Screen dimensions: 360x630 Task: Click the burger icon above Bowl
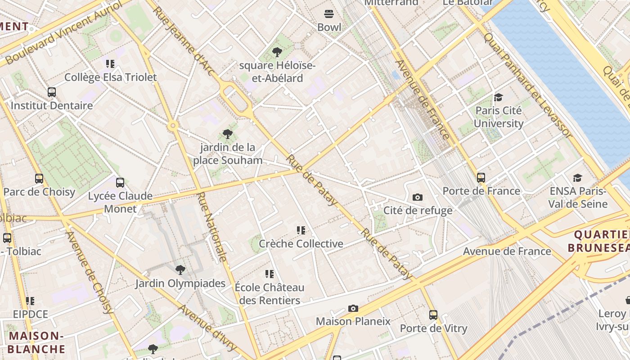point(329,14)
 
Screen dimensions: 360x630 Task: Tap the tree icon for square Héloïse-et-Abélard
point(277,53)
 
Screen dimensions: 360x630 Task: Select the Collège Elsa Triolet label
point(110,77)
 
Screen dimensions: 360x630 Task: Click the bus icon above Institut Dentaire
point(52,92)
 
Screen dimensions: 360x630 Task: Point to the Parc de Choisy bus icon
point(39,179)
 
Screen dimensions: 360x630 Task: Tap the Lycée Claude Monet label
point(120,202)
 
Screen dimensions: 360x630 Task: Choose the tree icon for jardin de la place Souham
point(228,134)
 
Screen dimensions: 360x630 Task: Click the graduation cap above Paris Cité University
point(498,98)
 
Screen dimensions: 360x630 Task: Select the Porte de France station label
point(481,191)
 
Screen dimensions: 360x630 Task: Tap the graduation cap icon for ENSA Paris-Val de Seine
point(577,178)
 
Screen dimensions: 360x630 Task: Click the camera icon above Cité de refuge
point(418,198)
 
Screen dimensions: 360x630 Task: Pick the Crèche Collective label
point(301,244)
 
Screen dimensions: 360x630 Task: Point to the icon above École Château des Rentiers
point(270,274)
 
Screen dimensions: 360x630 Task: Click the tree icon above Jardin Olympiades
point(180,270)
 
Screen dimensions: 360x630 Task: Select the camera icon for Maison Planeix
point(353,309)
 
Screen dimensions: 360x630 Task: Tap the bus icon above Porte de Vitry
point(433,315)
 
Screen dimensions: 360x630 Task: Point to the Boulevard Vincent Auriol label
point(63,33)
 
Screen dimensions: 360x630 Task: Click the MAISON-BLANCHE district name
point(36,342)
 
